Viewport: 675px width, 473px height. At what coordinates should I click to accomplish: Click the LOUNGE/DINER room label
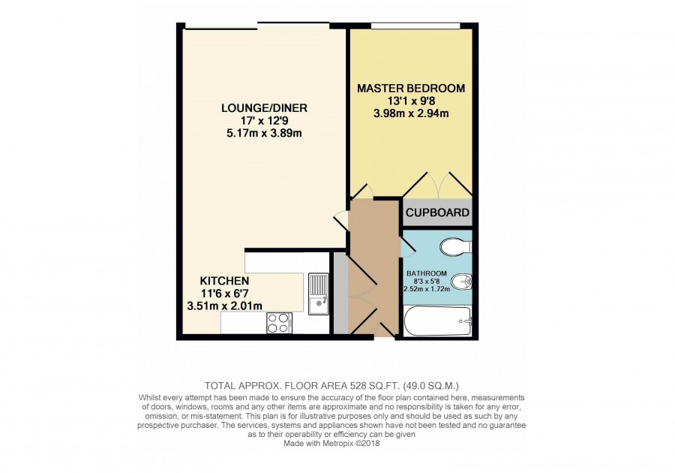click(x=264, y=107)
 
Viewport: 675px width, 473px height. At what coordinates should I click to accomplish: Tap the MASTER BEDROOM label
click(x=411, y=89)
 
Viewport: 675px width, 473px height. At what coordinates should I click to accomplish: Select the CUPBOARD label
click(x=437, y=212)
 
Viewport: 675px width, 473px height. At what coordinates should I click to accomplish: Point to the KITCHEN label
click(x=224, y=281)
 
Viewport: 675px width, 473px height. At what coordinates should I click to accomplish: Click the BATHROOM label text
click(x=427, y=273)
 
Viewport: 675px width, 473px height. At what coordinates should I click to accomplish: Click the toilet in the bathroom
click(x=456, y=247)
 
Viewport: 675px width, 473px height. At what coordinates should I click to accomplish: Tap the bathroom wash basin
click(x=461, y=282)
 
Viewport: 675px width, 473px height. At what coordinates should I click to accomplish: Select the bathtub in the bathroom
click(x=439, y=321)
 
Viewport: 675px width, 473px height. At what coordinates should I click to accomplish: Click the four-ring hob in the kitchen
click(x=278, y=323)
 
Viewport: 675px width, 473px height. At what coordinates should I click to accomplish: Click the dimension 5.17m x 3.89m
click(x=264, y=133)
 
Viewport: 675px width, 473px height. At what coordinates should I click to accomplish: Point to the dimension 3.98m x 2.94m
click(x=411, y=113)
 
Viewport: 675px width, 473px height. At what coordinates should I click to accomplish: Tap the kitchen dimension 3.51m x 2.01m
click(x=224, y=306)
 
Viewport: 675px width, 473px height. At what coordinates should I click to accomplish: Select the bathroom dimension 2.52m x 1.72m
click(x=427, y=288)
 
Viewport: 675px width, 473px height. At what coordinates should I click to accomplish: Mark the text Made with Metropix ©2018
click(x=331, y=443)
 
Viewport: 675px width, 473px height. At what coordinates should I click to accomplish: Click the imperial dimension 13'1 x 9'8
click(x=411, y=101)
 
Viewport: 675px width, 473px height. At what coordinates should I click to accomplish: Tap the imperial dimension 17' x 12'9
click(x=264, y=121)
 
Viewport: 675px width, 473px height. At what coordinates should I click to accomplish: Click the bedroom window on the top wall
click(x=415, y=26)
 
